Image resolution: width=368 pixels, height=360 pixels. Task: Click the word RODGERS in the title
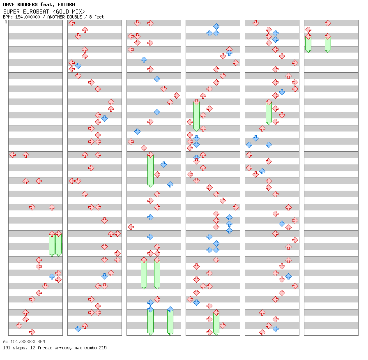tap(28, 5)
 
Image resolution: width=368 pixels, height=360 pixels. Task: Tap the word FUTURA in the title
tap(66, 5)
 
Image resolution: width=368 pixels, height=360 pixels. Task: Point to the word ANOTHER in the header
tap(55, 17)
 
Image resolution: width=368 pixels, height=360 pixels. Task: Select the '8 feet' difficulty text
tap(97, 17)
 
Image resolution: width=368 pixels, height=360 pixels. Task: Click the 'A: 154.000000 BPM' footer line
tap(24, 342)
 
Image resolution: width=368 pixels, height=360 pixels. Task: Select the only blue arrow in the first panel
tap(52, 277)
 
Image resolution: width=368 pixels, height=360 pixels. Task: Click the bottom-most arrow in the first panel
tap(32, 332)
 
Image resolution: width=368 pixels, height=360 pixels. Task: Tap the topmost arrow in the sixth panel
tap(328, 23)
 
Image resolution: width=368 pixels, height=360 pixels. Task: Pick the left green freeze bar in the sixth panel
tap(308, 44)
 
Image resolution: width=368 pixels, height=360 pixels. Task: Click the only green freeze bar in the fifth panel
tap(269, 113)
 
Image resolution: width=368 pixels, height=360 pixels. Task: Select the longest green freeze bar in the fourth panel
tap(196, 116)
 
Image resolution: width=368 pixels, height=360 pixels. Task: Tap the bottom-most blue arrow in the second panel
tap(78, 329)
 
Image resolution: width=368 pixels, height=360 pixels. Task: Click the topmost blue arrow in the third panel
tap(144, 60)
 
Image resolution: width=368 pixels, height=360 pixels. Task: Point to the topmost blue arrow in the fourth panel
tap(216, 27)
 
